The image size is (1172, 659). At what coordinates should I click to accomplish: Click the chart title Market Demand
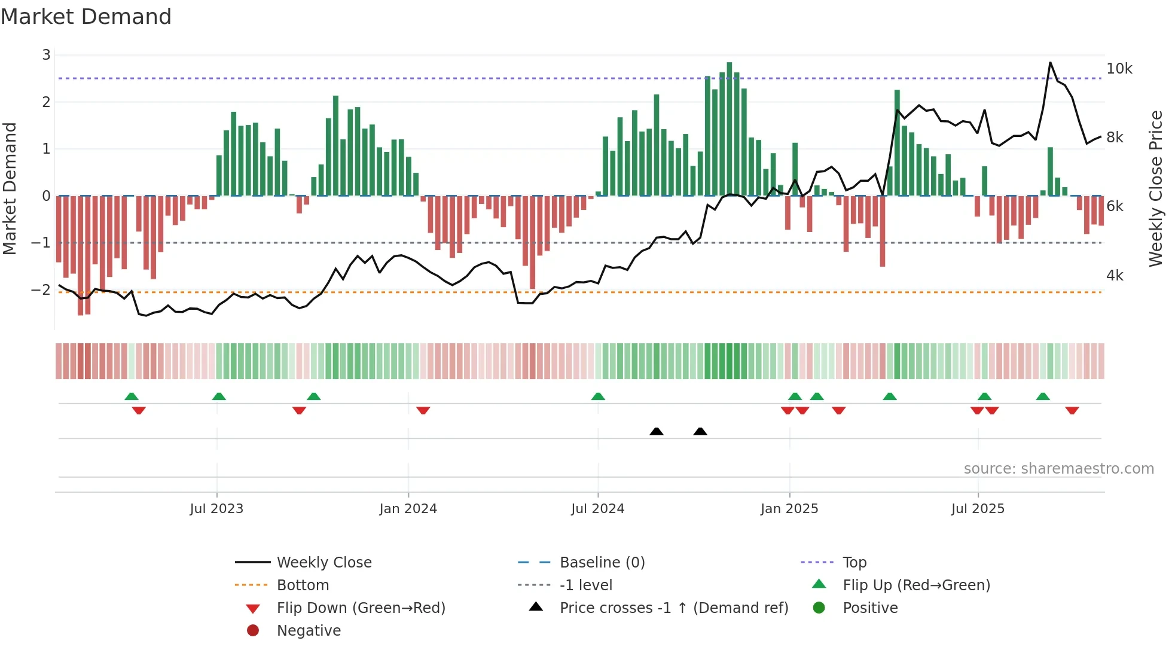tap(86, 17)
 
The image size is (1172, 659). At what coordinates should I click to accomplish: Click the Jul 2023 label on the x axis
tap(216, 509)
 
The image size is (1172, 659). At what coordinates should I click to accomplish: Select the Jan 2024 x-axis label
tap(408, 509)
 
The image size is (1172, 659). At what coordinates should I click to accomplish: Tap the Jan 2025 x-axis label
tap(789, 509)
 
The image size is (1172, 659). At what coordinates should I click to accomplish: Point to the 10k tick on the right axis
tap(1119, 69)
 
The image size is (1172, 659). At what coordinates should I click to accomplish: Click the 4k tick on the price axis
tap(1115, 276)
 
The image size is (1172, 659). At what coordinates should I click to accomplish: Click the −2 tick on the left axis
tap(41, 290)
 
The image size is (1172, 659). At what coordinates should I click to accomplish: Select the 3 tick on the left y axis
tap(46, 55)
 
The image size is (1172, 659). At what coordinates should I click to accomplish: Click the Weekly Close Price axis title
tap(1155, 188)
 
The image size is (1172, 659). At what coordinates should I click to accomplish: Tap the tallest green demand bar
tap(729, 129)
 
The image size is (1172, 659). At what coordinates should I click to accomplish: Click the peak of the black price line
tap(1050, 63)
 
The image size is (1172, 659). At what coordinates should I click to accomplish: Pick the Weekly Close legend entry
tap(323, 563)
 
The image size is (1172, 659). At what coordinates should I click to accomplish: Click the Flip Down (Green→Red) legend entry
tap(361, 608)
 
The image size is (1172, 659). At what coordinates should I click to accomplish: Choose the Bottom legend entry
tap(303, 585)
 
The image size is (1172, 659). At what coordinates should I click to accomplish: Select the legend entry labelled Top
tap(854, 563)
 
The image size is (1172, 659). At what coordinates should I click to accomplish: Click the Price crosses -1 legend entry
tap(673, 608)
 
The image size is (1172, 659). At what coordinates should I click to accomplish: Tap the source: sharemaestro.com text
tap(1058, 469)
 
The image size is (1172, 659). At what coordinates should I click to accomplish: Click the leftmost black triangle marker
tap(656, 431)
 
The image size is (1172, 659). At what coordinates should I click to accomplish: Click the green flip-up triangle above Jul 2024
tap(598, 396)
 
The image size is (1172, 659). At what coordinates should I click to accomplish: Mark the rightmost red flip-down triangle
tap(1072, 410)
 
